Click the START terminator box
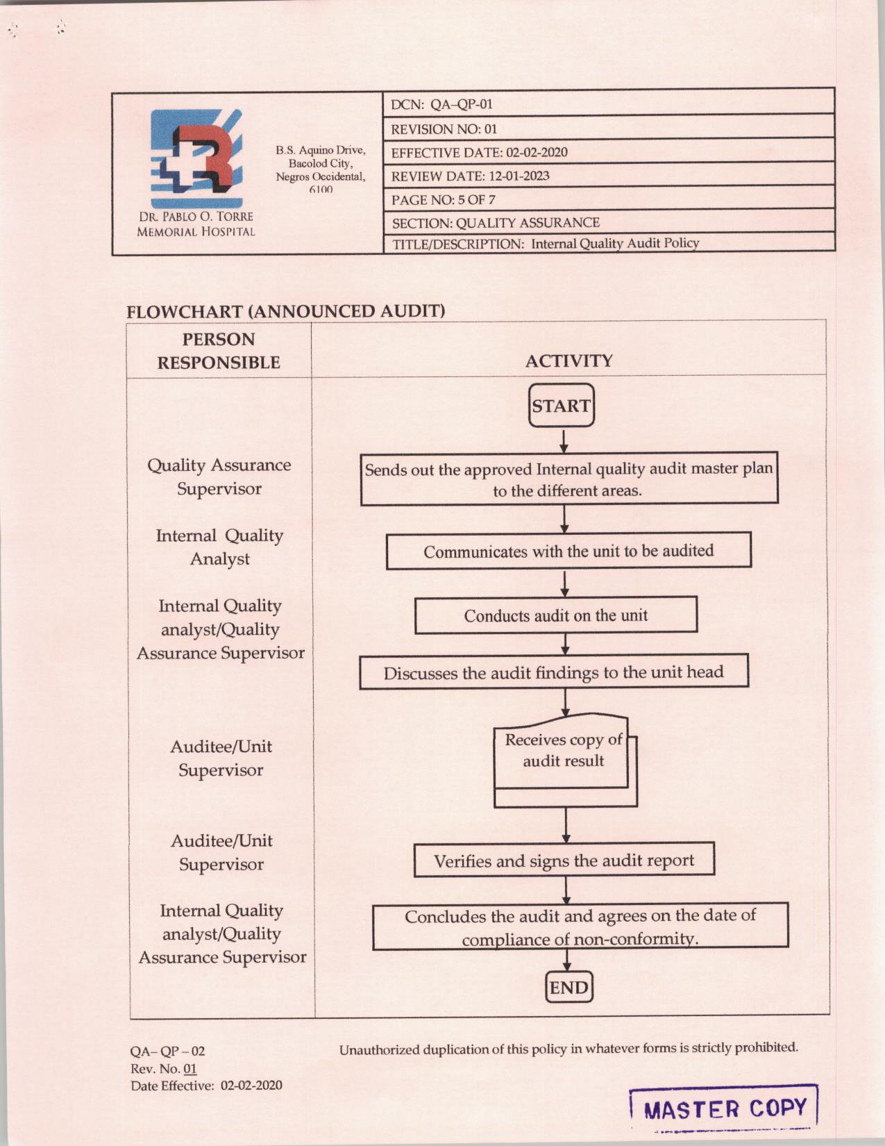tap(561, 406)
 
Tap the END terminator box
tap(568, 987)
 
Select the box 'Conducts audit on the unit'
tap(555, 615)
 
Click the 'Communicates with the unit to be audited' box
tap(568, 551)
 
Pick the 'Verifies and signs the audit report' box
tap(564, 861)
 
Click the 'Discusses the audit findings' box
tap(553, 672)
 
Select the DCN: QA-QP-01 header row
tap(608, 104)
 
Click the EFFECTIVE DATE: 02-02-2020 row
tap(608, 152)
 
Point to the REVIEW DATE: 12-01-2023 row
tap(608, 176)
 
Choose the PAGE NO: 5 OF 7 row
tap(608, 199)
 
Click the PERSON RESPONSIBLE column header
tap(219, 351)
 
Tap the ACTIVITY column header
tap(568, 360)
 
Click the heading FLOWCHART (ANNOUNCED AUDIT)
tap(285, 310)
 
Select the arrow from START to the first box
tap(564, 441)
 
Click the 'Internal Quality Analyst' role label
tap(219, 547)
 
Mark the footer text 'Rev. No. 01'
tap(164, 1068)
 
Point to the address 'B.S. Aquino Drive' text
tap(320, 150)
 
